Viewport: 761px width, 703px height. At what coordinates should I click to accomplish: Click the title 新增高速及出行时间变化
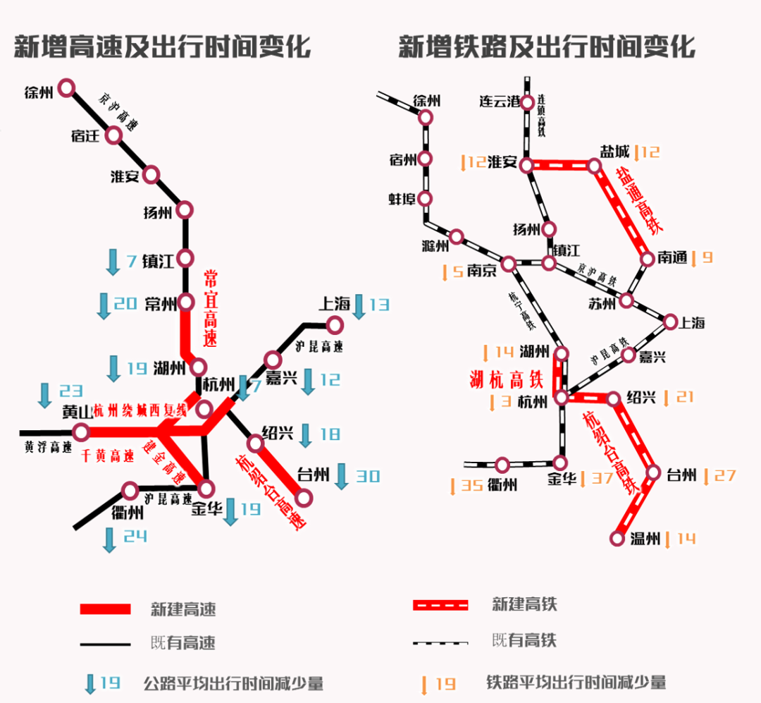(x=162, y=47)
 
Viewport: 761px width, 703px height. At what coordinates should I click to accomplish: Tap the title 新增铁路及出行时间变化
(x=547, y=47)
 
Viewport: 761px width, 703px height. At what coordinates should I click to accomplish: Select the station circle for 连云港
(x=527, y=103)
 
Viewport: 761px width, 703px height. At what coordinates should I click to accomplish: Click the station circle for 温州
(x=618, y=539)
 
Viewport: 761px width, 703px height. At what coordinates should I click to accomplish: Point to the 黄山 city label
(x=57, y=412)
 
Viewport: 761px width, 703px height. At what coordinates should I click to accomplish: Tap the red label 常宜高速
(x=211, y=309)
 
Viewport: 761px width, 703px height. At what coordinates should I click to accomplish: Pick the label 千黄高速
(x=108, y=456)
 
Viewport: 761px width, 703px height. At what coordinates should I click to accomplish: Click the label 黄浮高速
(x=49, y=446)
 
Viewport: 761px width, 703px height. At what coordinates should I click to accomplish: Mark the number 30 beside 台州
(x=366, y=477)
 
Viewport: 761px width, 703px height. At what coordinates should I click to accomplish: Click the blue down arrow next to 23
(x=45, y=395)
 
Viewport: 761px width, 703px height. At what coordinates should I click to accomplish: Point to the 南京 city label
(x=481, y=269)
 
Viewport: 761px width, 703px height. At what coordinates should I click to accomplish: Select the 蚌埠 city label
(x=403, y=198)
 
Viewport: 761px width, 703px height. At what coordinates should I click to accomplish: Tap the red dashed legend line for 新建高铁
(x=440, y=605)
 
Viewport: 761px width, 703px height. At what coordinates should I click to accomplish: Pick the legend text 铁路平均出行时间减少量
(x=576, y=683)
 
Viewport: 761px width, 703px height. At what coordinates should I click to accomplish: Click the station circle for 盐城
(x=595, y=166)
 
